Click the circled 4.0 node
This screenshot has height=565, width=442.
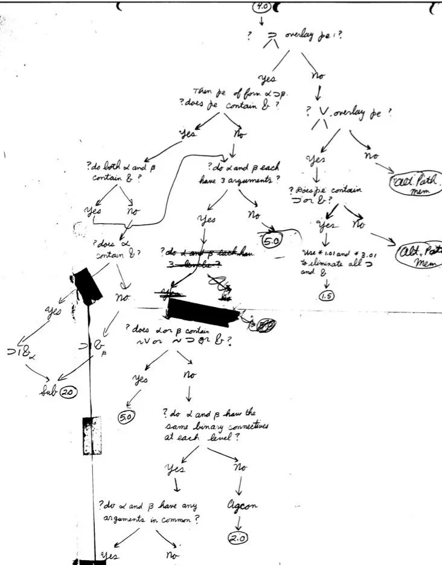[x=261, y=7]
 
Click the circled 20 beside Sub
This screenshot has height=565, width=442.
[x=68, y=391]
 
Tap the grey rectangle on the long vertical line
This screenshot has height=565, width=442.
[x=92, y=435]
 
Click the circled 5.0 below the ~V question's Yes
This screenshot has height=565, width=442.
[x=127, y=416]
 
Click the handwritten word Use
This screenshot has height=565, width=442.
[x=309, y=253]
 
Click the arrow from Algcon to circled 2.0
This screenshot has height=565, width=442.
[x=240, y=522]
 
